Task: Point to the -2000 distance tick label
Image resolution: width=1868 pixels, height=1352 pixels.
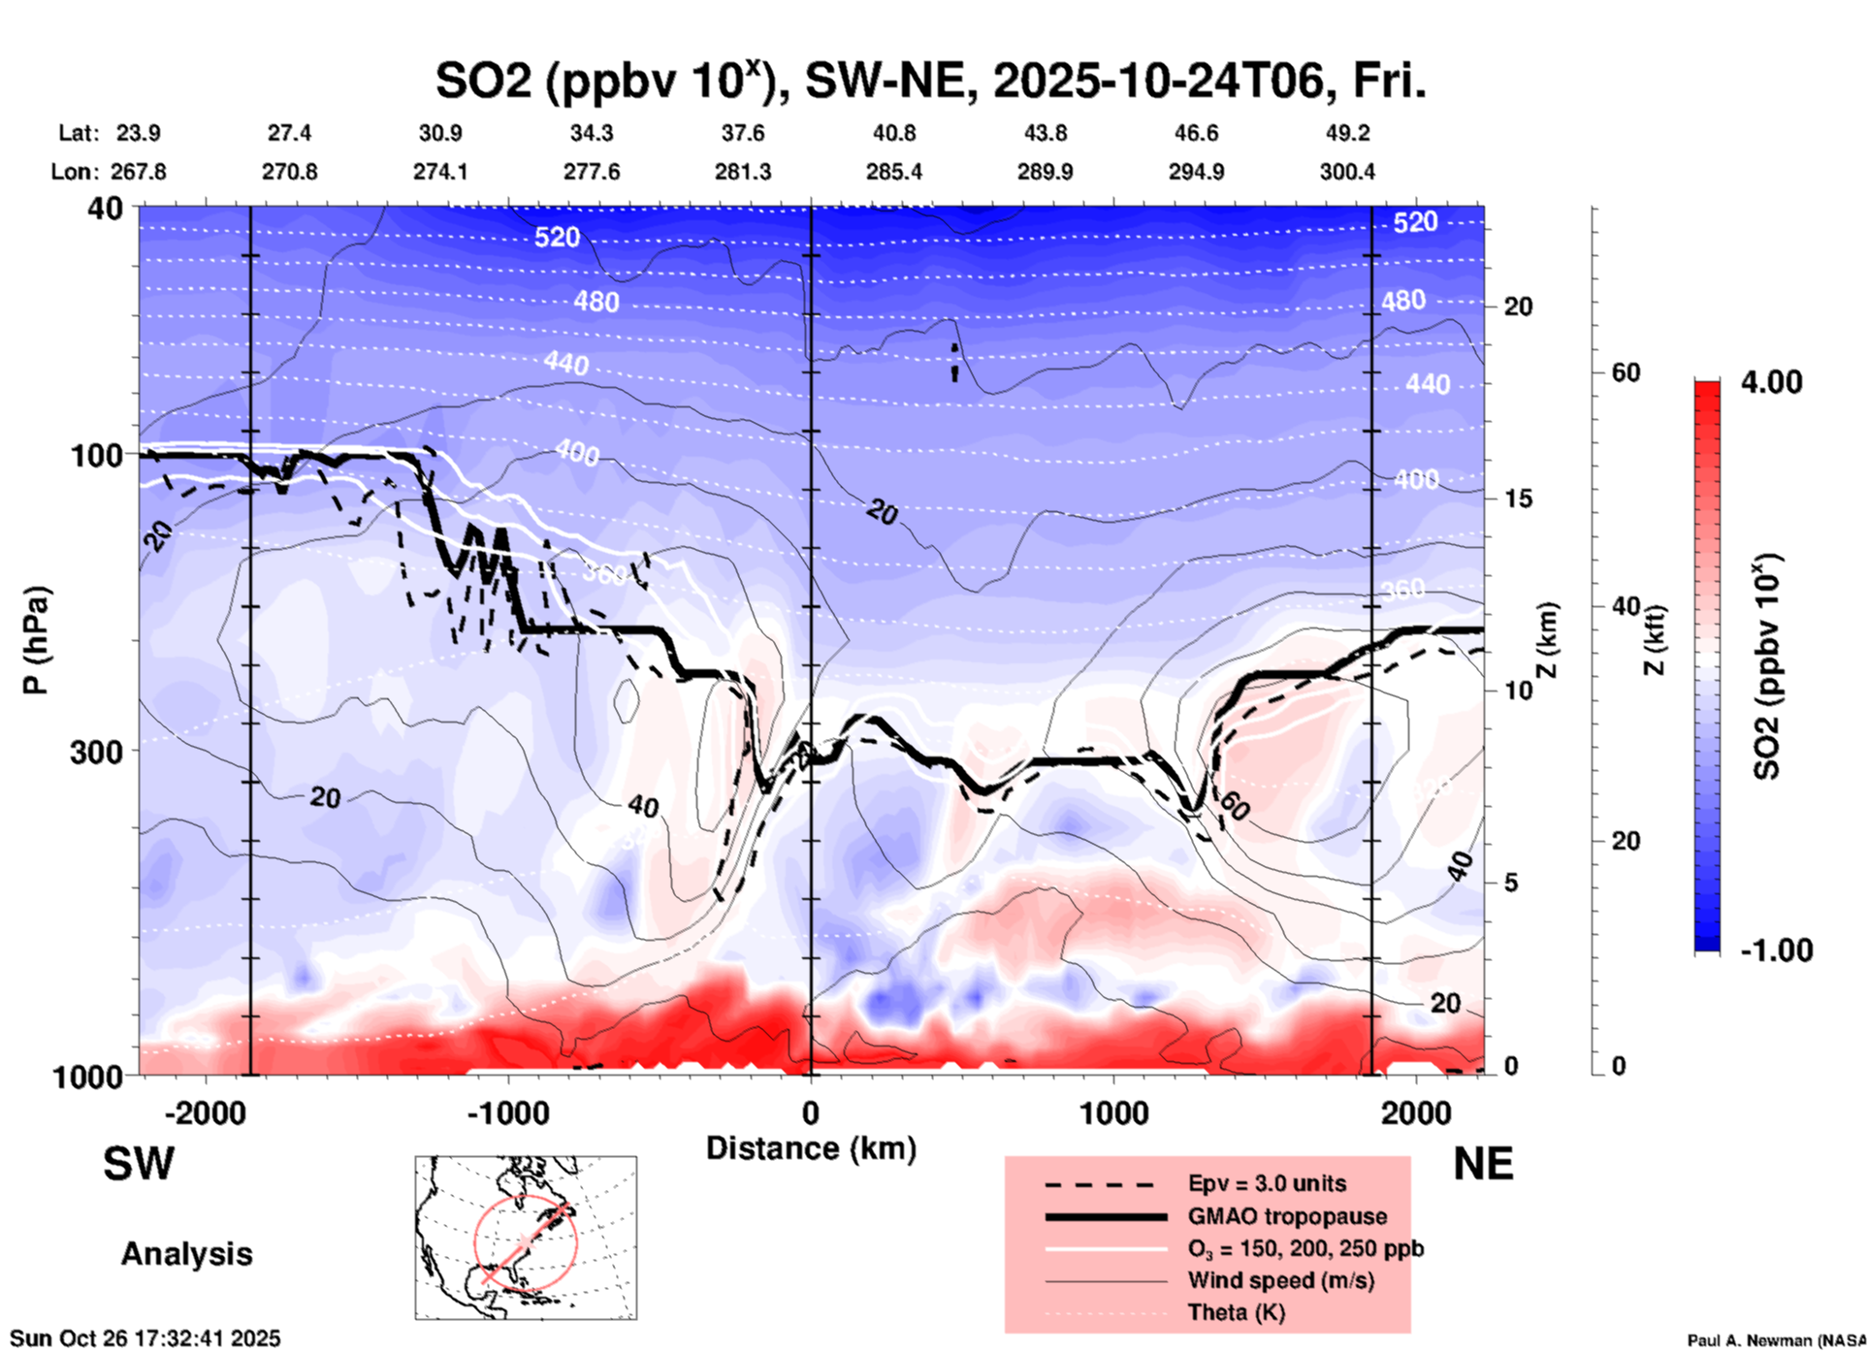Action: tap(205, 1112)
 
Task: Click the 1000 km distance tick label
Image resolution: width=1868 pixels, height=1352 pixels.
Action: tap(1112, 1112)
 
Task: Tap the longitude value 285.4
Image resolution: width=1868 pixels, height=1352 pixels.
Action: tap(894, 172)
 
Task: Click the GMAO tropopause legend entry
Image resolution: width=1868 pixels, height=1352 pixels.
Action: tap(1287, 1216)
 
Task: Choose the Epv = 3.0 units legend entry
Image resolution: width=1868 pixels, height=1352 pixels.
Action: tap(1267, 1183)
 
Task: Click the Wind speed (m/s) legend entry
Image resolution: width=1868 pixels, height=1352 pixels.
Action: tap(1280, 1280)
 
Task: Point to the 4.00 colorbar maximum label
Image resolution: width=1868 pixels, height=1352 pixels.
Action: tap(1771, 382)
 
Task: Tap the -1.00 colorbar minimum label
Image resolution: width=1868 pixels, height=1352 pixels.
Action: tap(1776, 950)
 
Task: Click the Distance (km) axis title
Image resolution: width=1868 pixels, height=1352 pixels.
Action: tap(811, 1148)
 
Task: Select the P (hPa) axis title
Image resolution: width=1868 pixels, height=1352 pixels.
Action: tap(36, 640)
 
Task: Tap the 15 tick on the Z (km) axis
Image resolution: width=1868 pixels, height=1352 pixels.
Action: tap(1518, 499)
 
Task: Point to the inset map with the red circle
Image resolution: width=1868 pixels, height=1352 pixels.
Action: tap(526, 1237)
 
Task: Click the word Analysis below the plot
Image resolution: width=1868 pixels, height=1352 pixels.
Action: tap(186, 1254)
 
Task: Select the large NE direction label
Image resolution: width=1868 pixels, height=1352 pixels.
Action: tap(1483, 1164)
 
